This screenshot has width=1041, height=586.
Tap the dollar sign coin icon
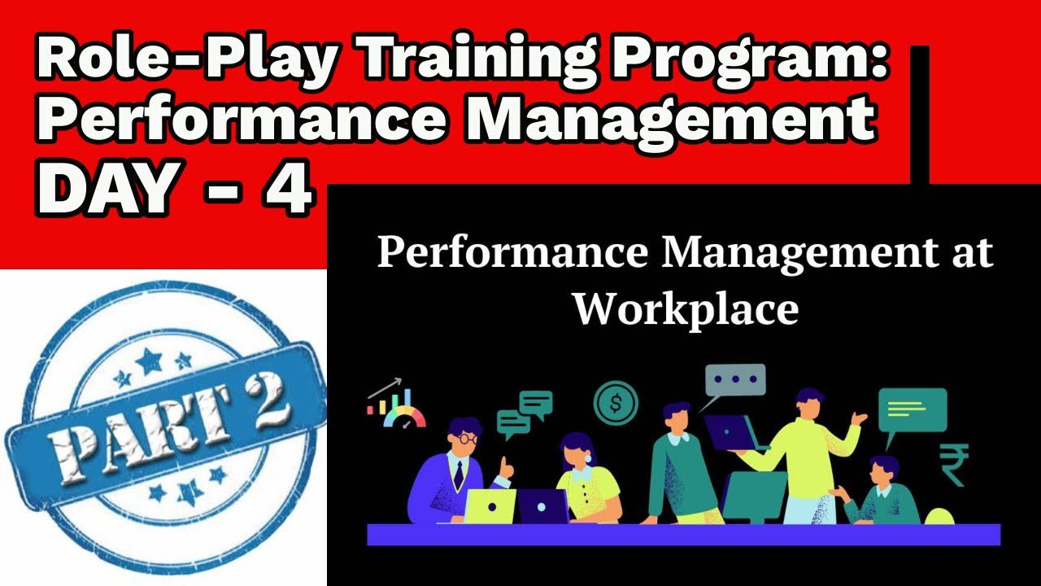[616, 402]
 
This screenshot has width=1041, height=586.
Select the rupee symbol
[952, 464]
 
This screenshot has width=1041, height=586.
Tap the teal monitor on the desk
[756, 496]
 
